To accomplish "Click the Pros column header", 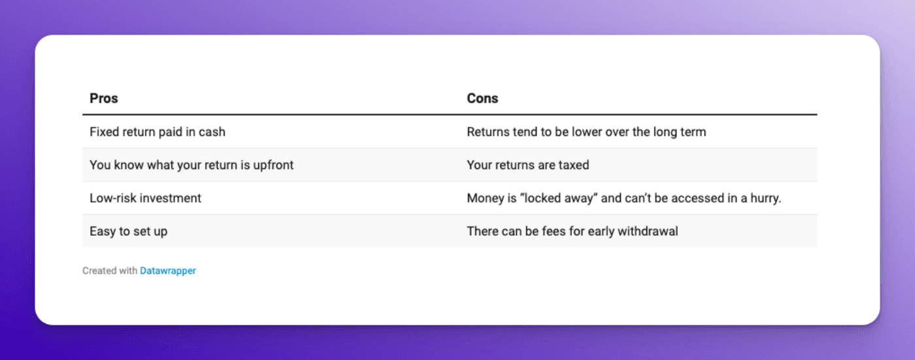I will tap(103, 99).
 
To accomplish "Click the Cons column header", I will tap(482, 99).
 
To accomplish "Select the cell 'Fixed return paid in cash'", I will tap(158, 132).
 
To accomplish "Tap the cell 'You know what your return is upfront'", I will tap(191, 165).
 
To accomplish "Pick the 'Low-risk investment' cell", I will tap(145, 198).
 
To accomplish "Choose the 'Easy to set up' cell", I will tap(129, 231).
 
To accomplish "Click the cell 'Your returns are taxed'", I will tap(527, 165).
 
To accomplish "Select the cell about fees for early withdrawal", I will tap(572, 231).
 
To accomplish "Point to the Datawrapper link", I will tap(168, 270).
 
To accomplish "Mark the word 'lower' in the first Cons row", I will tap(608, 132).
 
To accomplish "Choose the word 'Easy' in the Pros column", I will tap(102, 231).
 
